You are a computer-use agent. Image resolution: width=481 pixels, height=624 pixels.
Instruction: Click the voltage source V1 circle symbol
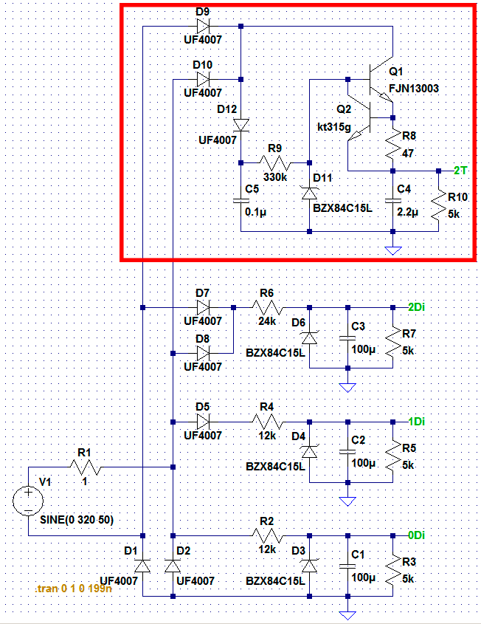(28, 501)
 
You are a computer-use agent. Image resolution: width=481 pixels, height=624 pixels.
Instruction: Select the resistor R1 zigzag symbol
(85, 467)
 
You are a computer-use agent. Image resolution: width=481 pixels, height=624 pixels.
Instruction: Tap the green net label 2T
(460, 171)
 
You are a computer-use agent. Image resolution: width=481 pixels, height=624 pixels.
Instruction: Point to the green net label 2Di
(417, 307)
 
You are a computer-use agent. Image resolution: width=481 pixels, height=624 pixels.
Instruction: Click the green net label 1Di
(417, 422)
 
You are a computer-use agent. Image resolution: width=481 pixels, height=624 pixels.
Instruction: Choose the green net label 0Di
(417, 535)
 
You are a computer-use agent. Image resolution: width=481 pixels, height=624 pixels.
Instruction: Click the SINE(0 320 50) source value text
(77, 520)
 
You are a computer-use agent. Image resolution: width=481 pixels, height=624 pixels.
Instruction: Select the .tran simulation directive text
(73, 588)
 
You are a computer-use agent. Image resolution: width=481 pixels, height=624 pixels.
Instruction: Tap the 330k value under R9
(274, 177)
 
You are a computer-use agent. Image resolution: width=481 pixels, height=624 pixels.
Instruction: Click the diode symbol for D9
(203, 27)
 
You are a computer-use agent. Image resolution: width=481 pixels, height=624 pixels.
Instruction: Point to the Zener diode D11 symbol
(310, 193)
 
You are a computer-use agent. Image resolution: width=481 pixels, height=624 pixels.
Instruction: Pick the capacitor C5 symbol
(241, 201)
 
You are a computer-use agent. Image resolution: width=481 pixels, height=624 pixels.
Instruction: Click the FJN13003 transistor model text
(414, 89)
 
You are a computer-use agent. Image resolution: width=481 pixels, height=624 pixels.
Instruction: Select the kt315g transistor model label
(334, 127)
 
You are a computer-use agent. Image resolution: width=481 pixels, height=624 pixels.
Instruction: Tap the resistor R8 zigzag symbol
(392, 144)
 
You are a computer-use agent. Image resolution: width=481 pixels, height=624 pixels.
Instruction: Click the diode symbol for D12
(241, 126)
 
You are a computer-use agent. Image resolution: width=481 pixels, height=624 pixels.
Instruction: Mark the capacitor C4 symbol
(392, 201)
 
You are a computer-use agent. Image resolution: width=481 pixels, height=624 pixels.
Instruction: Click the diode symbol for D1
(142, 566)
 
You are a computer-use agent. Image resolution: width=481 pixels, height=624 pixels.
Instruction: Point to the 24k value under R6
(267, 321)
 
